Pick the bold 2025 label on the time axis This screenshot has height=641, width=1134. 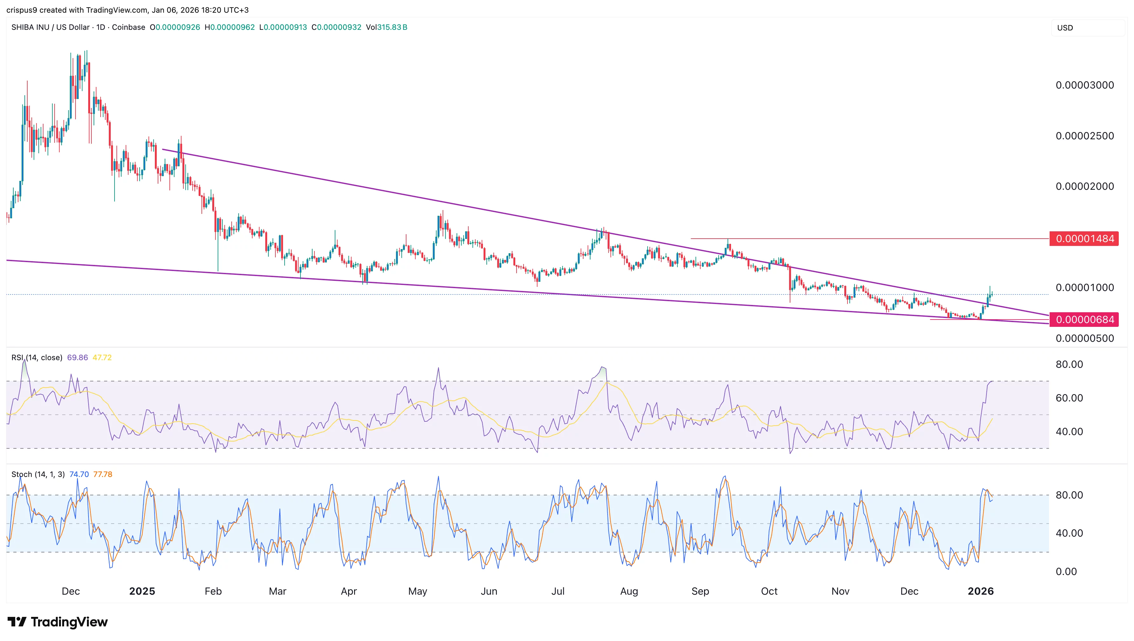142,591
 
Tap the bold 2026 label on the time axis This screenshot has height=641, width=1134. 980,591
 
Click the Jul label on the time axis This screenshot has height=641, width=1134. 558,591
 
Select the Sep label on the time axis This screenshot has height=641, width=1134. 700,591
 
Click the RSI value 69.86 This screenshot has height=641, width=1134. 77,358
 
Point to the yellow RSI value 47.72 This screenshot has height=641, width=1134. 102,358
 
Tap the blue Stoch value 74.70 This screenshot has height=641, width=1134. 79,474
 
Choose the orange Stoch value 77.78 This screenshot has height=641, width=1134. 102,474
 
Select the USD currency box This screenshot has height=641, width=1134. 1087,28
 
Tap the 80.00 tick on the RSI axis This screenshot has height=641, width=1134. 1069,364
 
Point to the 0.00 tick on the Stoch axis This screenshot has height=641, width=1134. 1066,572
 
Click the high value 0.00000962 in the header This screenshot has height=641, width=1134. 232,27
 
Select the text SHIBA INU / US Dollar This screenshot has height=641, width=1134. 50,27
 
